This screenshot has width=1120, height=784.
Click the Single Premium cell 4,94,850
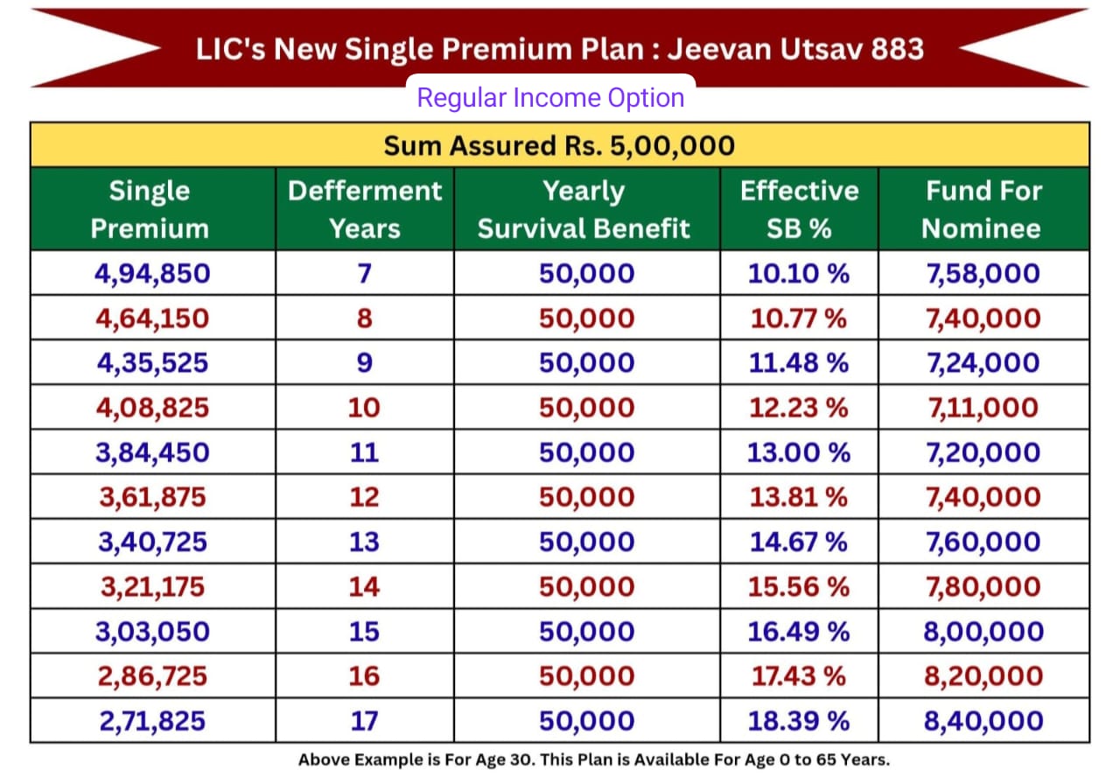[152, 274]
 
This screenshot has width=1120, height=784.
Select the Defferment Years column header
[365, 209]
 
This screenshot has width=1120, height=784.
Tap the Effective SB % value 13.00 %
[798, 452]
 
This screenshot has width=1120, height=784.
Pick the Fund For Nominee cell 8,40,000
[983, 721]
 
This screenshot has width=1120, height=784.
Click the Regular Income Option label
[550, 97]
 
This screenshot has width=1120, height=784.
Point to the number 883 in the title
[897, 48]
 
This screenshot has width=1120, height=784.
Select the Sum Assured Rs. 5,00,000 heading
[559, 145]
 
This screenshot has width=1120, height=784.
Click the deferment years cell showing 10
[364, 408]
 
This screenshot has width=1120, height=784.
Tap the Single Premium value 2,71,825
[152, 721]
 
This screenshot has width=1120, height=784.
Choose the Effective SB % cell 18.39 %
[798, 721]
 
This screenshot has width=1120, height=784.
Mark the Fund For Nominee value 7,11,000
[983, 408]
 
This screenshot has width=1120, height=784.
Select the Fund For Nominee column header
[983, 209]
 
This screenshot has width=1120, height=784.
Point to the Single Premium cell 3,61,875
[152, 497]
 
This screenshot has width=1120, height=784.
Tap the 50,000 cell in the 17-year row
[586, 721]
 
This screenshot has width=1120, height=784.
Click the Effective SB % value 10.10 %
[798, 274]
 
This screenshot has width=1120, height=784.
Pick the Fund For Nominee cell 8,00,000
[983, 632]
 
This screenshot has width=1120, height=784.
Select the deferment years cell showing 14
[364, 586]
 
